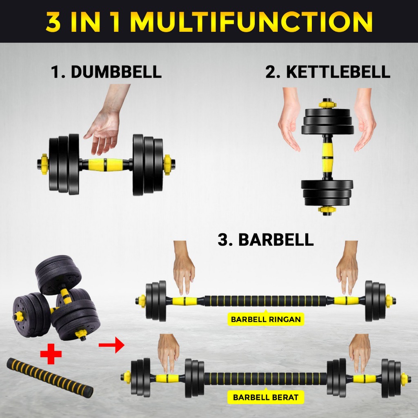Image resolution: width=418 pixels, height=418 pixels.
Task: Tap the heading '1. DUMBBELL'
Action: [106, 72]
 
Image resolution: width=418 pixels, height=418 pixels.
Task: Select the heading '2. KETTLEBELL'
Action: [328, 72]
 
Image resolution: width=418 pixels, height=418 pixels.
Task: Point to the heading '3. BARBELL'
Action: [265, 239]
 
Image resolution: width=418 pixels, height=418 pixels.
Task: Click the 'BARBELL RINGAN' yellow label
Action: [266, 319]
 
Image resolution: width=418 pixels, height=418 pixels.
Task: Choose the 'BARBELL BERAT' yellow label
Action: [265, 397]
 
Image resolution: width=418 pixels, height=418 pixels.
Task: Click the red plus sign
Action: [51, 354]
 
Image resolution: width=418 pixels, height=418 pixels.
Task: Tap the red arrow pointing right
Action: [111, 345]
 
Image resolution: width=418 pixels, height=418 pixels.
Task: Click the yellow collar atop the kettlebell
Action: [327, 104]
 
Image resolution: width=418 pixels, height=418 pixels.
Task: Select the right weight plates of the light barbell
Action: [376, 301]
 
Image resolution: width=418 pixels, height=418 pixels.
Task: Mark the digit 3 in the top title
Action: [53, 22]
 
